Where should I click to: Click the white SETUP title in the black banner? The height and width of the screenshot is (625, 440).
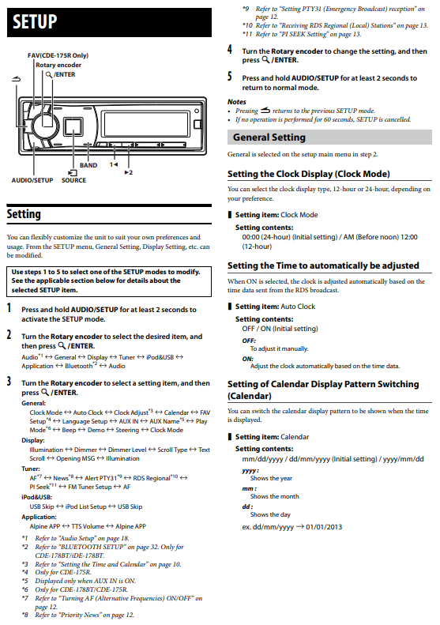tap(35, 21)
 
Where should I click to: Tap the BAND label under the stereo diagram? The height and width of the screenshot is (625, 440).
tap(88, 165)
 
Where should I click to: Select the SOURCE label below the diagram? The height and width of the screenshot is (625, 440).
tap(73, 180)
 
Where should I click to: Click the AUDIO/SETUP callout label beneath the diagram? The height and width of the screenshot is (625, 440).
tap(32, 180)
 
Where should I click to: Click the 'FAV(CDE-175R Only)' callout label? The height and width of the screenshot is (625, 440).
tap(58, 55)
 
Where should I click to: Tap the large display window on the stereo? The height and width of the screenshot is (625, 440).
tap(145, 124)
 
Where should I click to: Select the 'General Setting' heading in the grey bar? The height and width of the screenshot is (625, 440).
tap(269, 137)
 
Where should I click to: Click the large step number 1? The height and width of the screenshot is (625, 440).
tap(9, 308)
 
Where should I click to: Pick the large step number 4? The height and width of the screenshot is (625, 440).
tap(230, 50)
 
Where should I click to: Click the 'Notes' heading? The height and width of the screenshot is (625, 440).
tap(237, 102)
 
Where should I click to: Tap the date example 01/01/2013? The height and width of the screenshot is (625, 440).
tap(324, 527)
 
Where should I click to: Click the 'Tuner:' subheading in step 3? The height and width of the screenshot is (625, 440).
tap(31, 469)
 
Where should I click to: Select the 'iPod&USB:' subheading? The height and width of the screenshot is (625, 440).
tap(36, 497)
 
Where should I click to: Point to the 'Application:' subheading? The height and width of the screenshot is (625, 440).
tap(39, 517)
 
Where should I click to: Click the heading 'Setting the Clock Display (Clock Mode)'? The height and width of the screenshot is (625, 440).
tap(309, 174)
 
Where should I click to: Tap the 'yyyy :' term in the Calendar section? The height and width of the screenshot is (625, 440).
tap(250, 470)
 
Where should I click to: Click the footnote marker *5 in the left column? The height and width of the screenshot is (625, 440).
tap(24, 581)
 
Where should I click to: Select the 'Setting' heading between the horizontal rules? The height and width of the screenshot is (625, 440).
tap(24, 214)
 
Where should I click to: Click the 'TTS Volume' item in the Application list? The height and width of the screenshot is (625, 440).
tap(88, 526)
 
